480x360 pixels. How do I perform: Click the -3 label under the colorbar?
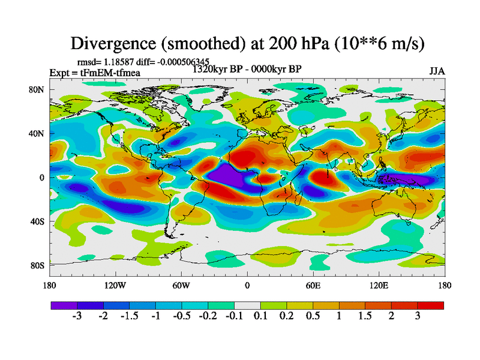(77, 316)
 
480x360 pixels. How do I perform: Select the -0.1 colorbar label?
(234, 316)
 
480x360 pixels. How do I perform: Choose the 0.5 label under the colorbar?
(313, 316)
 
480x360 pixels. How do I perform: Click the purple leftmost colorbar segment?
(64, 305)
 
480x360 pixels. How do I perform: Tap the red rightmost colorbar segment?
(431, 305)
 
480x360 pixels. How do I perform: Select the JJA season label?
(437, 71)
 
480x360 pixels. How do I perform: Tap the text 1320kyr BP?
(218, 68)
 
